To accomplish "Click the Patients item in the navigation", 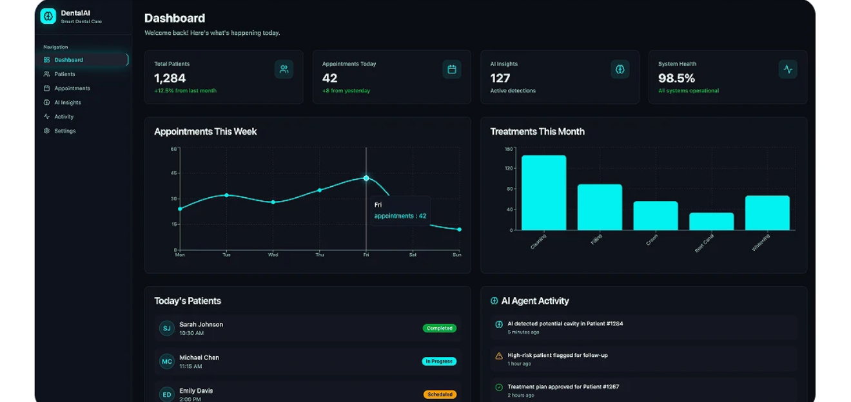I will (x=64, y=74).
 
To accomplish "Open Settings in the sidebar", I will (x=64, y=131).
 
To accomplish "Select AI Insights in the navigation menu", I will (x=67, y=102).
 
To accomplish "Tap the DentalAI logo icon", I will (x=48, y=16).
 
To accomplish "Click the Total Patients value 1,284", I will (x=170, y=78).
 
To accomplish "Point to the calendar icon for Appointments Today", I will (x=452, y=69).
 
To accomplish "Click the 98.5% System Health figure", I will (x=676, y=78).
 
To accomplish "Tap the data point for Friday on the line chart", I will (x=366, y=178).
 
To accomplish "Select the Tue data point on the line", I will (x=226, y=195).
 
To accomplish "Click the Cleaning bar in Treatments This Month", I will (x=543, y=193).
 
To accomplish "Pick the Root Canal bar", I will (x=711, y=221).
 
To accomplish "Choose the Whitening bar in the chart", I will (x=767, y=213).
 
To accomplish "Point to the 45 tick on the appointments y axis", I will (x=174, y=173).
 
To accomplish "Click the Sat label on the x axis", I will (x=413, y=254).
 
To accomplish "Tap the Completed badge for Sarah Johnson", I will (x=440, y=328).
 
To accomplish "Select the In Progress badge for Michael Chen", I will (x=439, y=361).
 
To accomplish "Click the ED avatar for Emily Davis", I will (x=167, y=394).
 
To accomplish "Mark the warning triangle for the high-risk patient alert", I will (x=498, y=356).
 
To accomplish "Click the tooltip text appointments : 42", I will (x=400, y=216).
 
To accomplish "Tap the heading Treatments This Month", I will (x=537, y=131).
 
